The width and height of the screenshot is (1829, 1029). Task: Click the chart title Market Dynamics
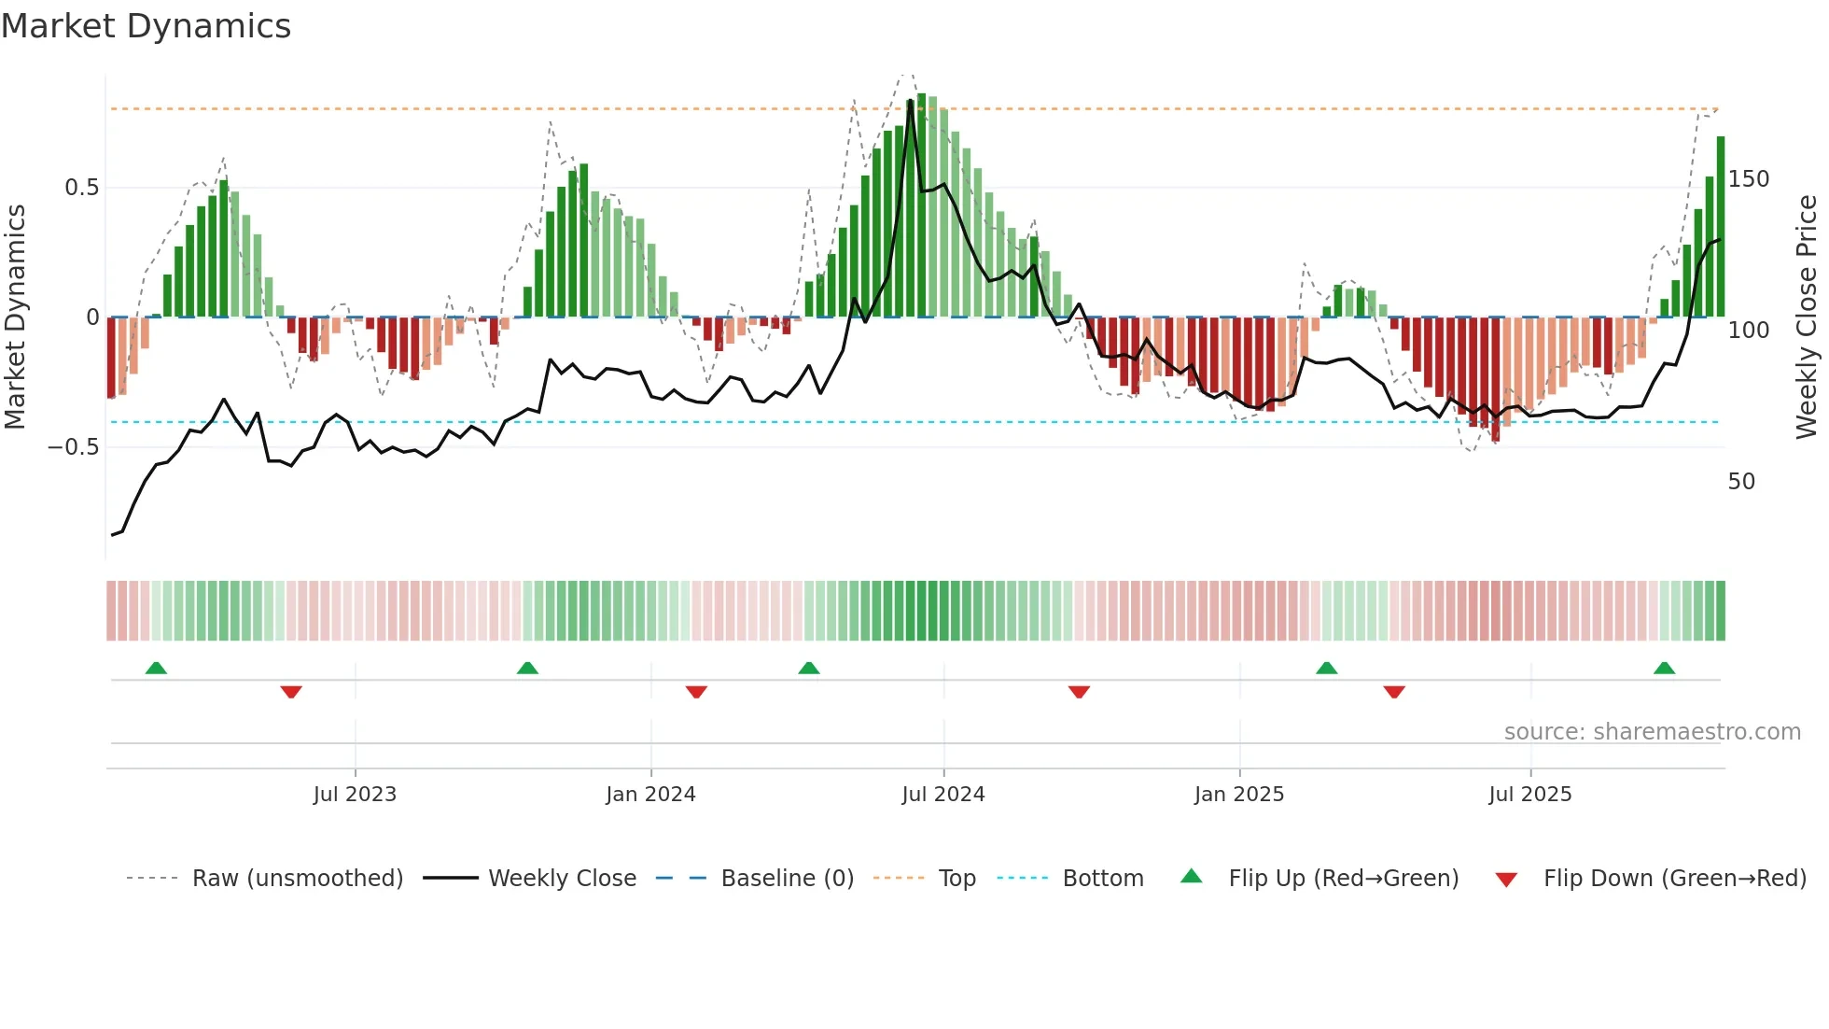click(x=146, y=26)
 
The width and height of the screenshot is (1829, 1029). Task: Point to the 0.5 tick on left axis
click(x=81, y=188)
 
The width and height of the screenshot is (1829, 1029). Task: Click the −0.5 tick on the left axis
click(x=74, y=447)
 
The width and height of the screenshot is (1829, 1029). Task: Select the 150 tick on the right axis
click(x=1748, y=179)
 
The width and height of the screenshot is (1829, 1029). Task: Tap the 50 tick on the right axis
click(x=1741, y=482)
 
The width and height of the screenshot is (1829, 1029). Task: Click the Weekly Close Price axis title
click(x=1807, y=317)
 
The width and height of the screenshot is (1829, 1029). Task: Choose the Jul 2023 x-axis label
click(x=355, y=795)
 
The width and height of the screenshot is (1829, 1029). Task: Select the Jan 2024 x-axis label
click(x=650, y=795)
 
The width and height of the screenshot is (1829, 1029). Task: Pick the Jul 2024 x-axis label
click(x=942, y=795)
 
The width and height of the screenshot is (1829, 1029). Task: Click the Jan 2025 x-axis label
click(x=1238, y=795)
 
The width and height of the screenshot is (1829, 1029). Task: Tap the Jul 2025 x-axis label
click(x=1529, y=795)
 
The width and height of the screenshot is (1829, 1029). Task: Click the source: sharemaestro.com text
click(x=1652, y=732)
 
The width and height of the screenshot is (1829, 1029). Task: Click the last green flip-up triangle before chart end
click(x=1664, y=669)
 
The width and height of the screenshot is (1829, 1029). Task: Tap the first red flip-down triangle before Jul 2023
click(x=291, y=692)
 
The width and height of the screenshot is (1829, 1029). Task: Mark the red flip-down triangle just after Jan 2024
click(x=696, y=692)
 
